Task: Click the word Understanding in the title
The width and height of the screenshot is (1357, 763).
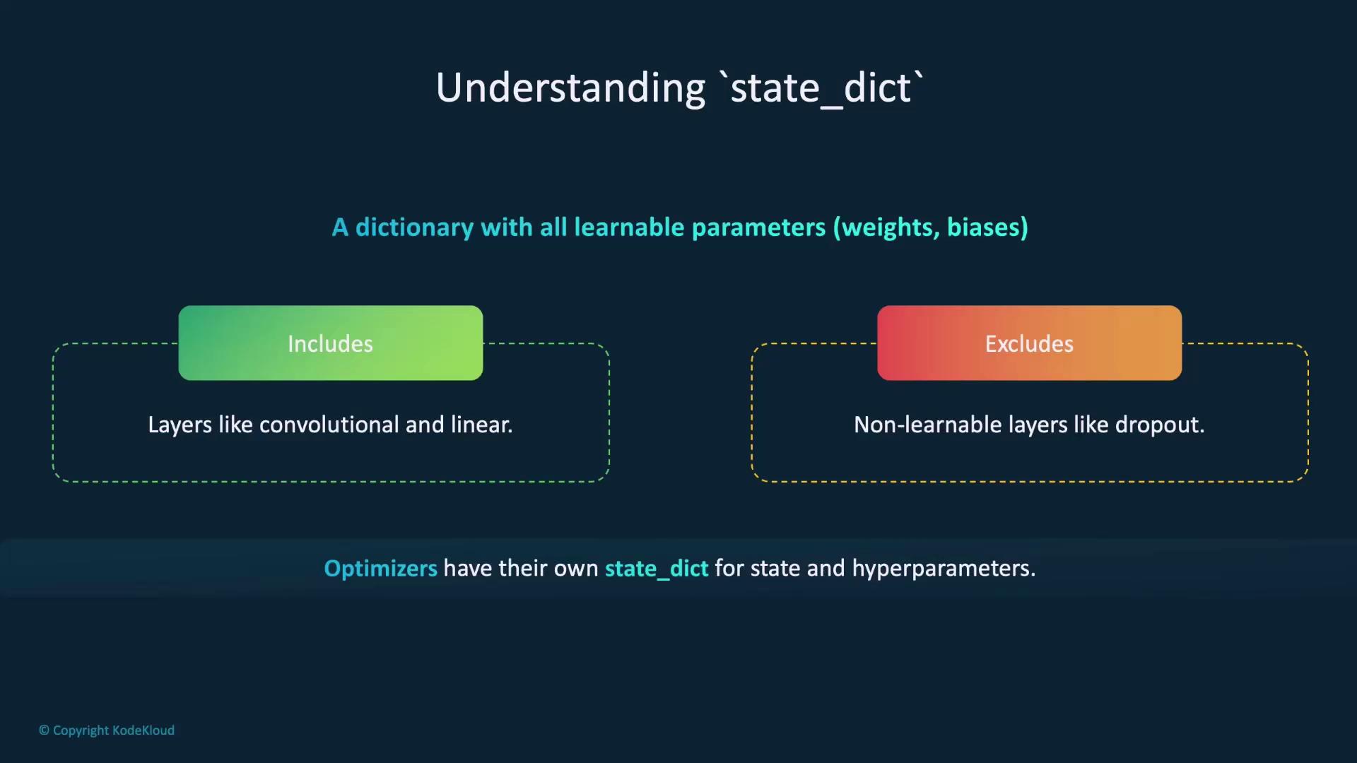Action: pos(570,88)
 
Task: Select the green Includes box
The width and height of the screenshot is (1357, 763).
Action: pos(331,343)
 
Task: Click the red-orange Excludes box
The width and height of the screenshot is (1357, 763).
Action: pos(1029,343)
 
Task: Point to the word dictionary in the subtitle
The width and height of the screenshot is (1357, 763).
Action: pos(414,227)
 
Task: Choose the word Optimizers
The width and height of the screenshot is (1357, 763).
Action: pos(380,569)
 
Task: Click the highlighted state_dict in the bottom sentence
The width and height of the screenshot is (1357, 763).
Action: pos(657,569)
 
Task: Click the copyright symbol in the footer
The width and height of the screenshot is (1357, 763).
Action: pos(44,731)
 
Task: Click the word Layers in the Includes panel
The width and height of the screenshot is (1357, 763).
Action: pos(180,425)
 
